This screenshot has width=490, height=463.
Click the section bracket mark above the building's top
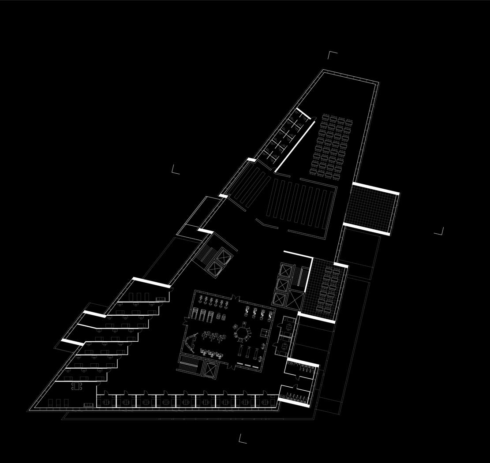coord(332,55)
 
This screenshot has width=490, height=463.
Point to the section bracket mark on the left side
coord(176,169)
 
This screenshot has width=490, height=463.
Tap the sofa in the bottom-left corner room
coord(89,405)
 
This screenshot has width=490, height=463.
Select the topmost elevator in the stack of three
coord(281,270)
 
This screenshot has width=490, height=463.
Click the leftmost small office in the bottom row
coord(106,401)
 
